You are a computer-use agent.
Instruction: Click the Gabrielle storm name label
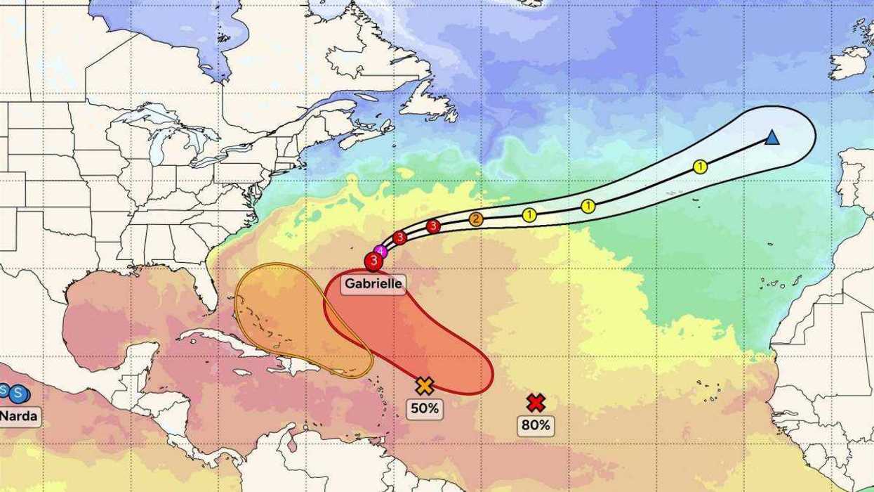(x=374, y=284)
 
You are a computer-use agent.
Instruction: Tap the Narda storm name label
(x=18, y=415)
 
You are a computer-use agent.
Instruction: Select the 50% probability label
(x=424, y=408)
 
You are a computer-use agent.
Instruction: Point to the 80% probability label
(x=536, y=425)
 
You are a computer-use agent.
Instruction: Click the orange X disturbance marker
(x=424, y=385)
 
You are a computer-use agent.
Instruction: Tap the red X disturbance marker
(x=536, y=403)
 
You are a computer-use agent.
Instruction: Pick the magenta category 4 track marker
(x=381, y=251)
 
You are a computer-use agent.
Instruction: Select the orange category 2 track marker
(x=476, y=219)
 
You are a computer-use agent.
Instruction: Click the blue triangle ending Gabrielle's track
(x=772, y=138)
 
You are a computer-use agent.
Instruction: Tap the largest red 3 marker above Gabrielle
(x=373, y=261)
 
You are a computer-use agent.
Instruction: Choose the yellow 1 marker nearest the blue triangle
(x=700, y=167)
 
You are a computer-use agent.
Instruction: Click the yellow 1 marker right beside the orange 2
(x=529, y=215)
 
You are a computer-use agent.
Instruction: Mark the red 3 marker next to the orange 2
(x=433, y=226)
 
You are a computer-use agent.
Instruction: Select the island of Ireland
(x=849, y=62)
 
